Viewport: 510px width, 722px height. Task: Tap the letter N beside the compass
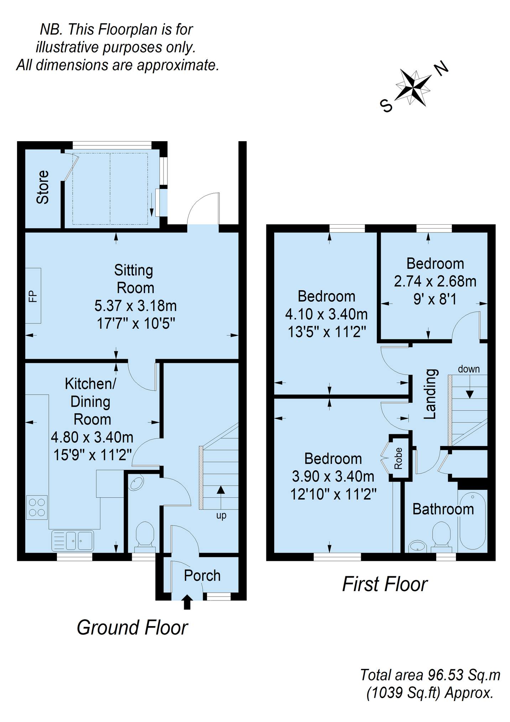(x=441, y=68)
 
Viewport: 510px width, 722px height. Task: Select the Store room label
(x=43, y=187)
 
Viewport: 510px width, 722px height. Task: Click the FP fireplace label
(x=33, y=296)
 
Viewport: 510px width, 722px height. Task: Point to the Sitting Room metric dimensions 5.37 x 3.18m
(x=135, y=306)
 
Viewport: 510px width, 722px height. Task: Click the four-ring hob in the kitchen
(x=37, y=507)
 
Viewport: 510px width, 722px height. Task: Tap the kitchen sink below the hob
(x=73, y=541)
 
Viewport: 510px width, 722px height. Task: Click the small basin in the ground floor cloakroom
(x=137, y=483)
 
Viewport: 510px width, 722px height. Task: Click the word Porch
(x=202, y=575)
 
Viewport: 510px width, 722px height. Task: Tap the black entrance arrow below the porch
(x=187, y=602)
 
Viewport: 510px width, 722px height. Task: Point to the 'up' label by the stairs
(x=221, y=516)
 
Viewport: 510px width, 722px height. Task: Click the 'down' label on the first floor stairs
(x=469, y=369)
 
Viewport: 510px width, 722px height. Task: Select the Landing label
(x=430, y=394)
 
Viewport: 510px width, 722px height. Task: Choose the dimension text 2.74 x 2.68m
(x=435, y=281)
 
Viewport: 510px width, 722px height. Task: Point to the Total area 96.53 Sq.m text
(x=430, y=675)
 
